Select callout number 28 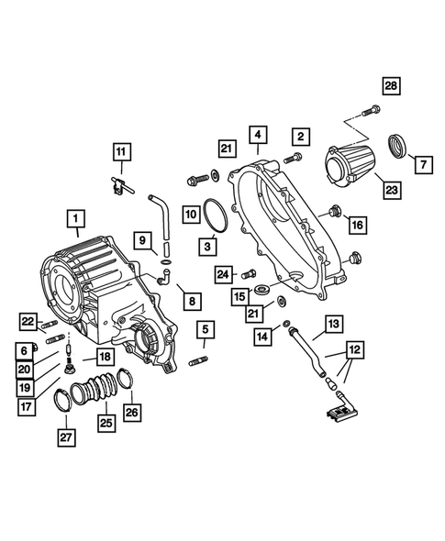[x=392, y=86]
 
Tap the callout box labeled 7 [x=423, y=165]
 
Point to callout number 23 [x=392, y=192]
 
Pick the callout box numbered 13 [x=333, y=323]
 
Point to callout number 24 [x=224, y=272]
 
